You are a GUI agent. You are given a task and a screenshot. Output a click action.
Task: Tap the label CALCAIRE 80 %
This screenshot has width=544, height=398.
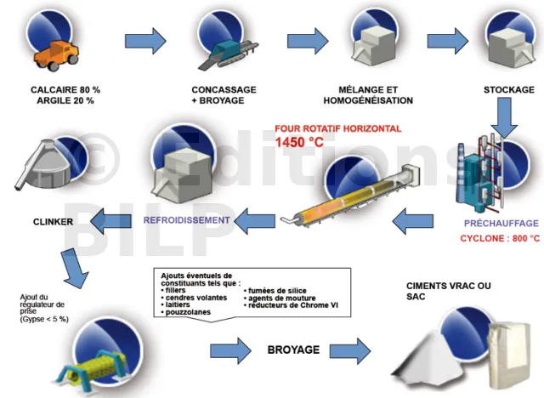[x=65, y=90]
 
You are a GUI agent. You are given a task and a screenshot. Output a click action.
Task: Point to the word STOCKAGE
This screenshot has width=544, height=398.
[x=508, y=90]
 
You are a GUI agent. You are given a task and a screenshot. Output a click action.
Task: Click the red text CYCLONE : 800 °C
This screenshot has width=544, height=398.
[x=496, y=239]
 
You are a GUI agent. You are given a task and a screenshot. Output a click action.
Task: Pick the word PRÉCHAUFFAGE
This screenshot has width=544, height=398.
[x=497, y=225]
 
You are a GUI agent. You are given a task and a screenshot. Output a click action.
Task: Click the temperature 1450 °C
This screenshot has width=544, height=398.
[x=300, y=142]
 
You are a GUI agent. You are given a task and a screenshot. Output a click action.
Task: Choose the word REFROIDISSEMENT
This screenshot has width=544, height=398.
[x=187, y=220]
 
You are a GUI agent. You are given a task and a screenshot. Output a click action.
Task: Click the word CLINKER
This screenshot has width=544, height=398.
[x=54, y=222]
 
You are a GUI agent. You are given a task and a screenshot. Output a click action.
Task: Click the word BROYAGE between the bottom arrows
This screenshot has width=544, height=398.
[x=293, y=349]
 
